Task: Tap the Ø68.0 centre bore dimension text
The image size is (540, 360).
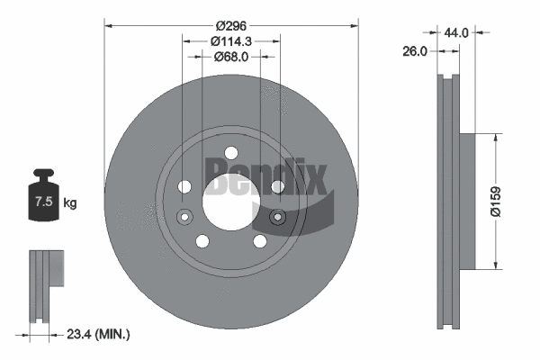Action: click(231, 56)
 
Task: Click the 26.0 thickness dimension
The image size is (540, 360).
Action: click(414, 52)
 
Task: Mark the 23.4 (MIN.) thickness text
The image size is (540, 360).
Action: click(99, 334)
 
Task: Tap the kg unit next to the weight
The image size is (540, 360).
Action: click(70, 203)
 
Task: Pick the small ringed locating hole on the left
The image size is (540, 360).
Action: click(185, 217)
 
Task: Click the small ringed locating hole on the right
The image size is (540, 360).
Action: click(277, 217)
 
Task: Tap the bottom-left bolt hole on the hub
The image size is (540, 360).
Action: click(202, 240)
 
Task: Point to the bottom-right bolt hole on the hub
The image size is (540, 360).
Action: click(259, 240)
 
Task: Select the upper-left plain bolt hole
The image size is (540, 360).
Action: click(185, 186)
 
